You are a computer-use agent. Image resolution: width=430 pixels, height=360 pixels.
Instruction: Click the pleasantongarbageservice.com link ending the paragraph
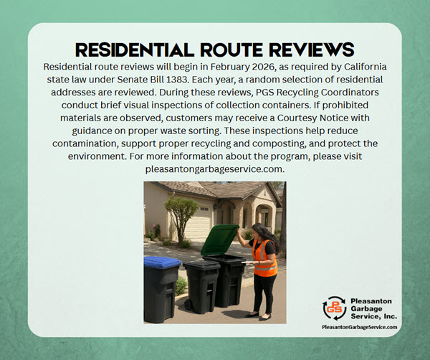coord(215,170)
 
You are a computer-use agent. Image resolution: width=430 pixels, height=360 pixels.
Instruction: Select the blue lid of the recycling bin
coord(161,262)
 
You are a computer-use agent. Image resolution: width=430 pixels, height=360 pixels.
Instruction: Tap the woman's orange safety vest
coord(264,257)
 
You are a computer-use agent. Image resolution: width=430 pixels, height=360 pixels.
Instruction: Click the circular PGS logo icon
coord(335,308)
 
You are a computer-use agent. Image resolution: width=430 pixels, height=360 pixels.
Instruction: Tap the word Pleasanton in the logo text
coord(373,300)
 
